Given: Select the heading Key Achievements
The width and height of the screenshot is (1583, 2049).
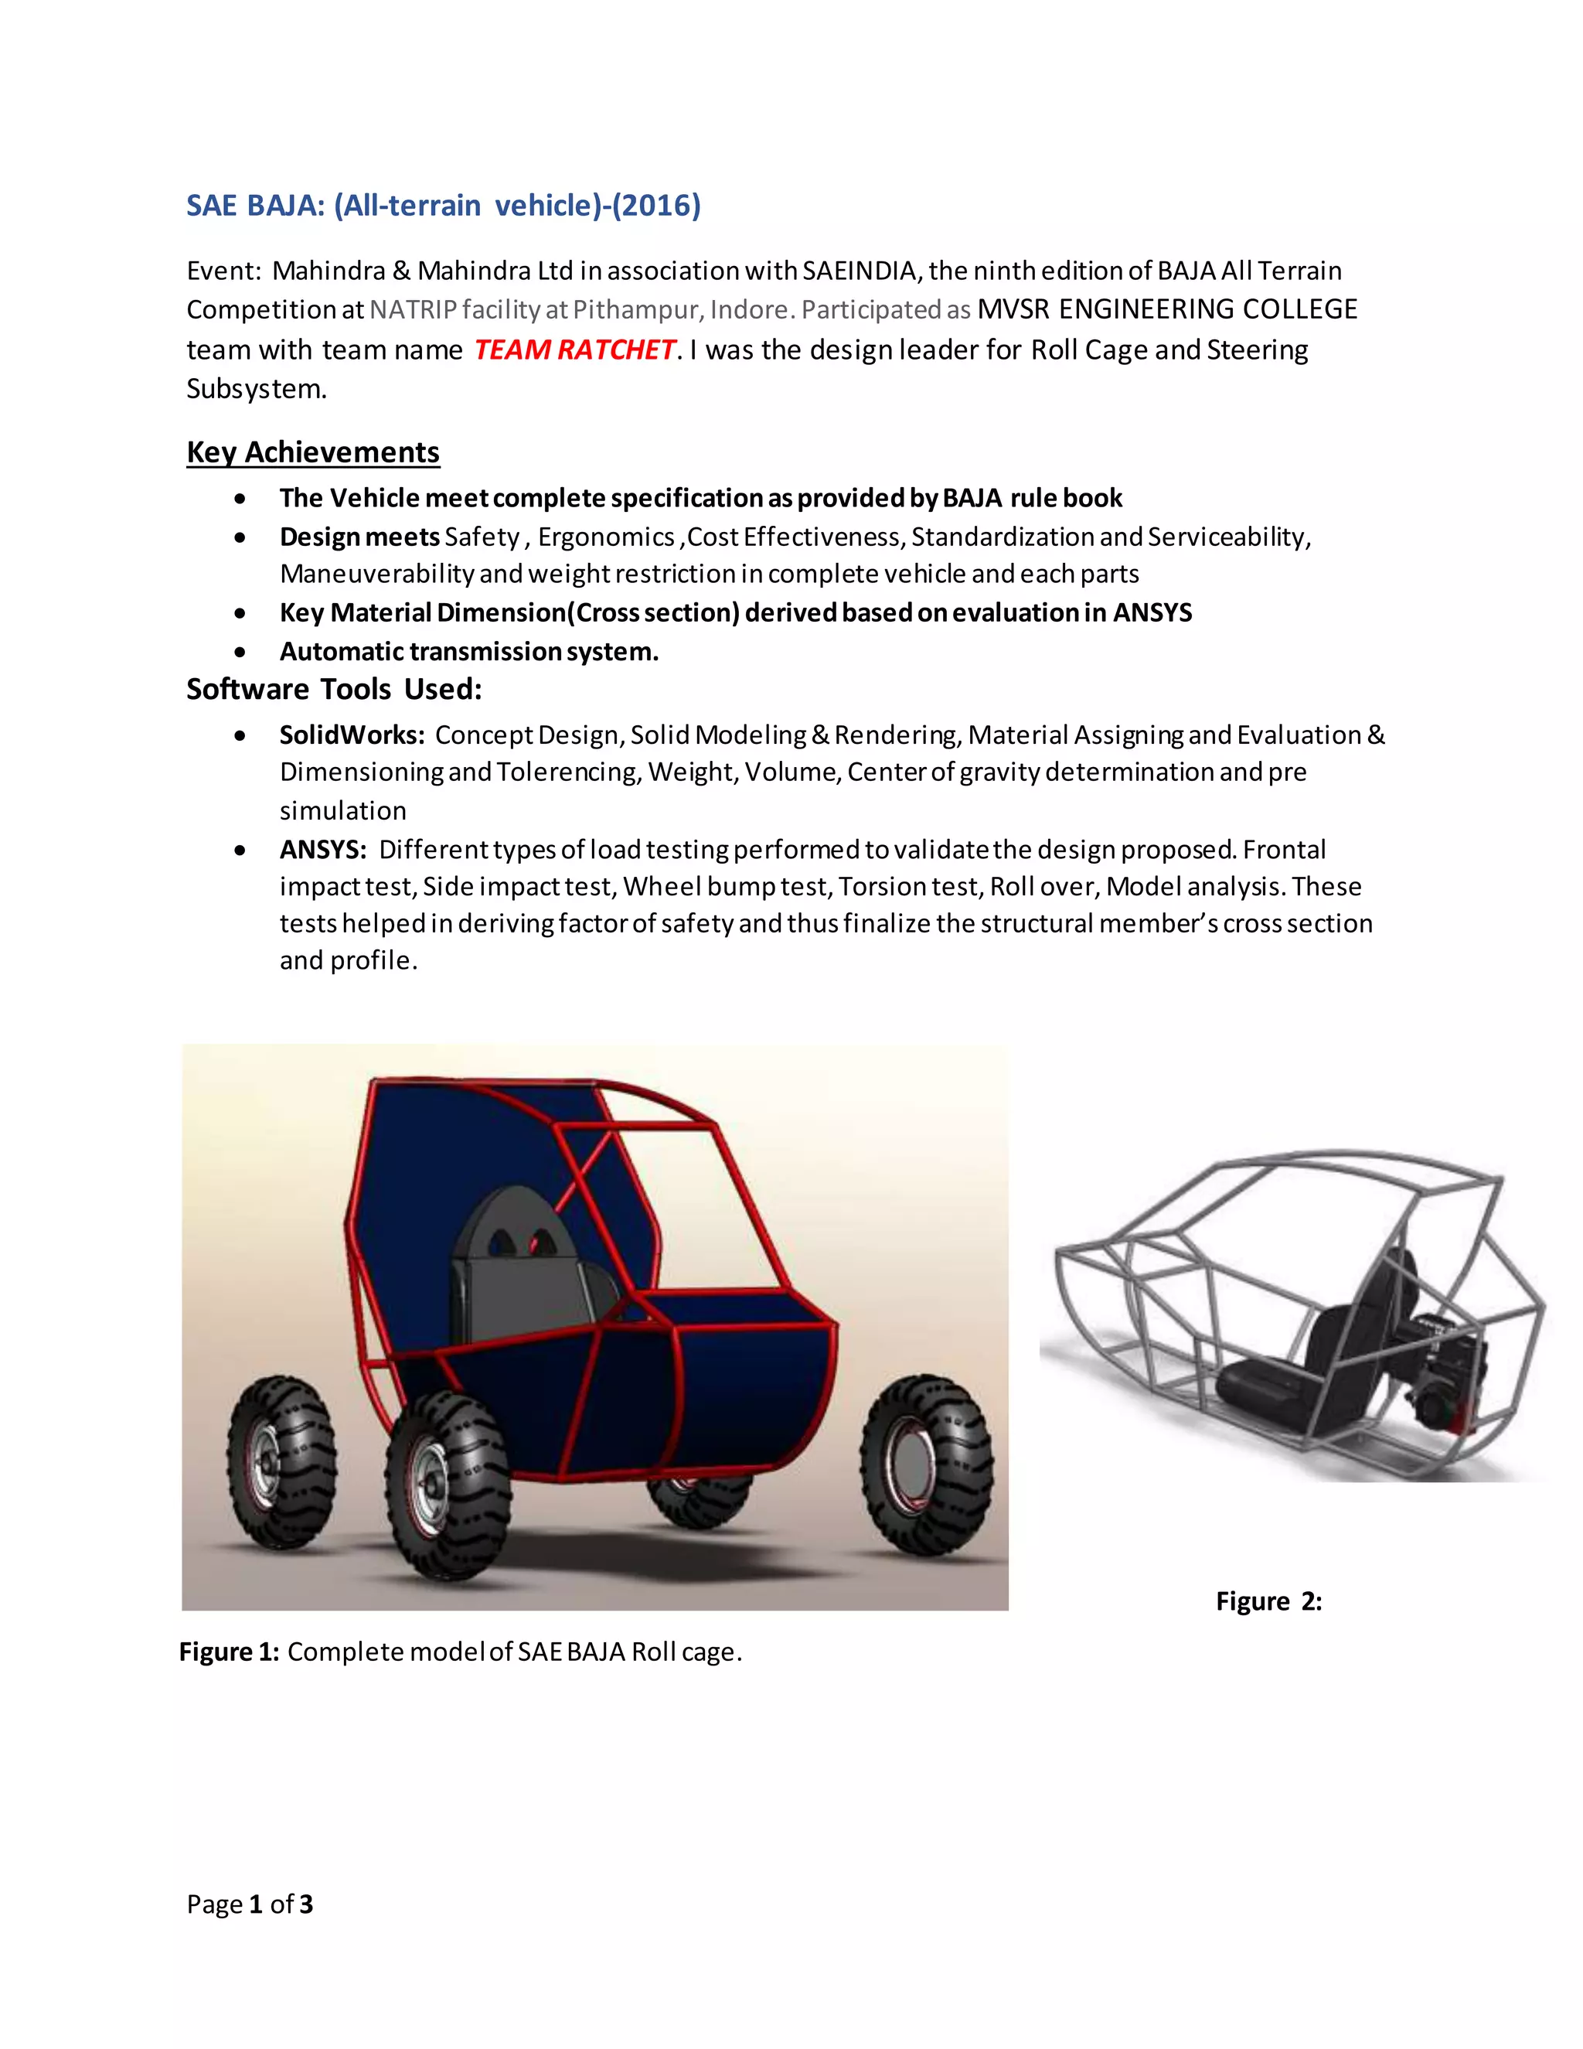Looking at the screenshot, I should pyautogui.click(x=312, y=452).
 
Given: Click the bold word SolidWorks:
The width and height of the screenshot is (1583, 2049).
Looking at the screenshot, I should pyautogui.click(x=352, y=735).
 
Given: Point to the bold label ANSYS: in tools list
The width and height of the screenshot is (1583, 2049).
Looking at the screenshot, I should pyautogui.click(x=322, y=849).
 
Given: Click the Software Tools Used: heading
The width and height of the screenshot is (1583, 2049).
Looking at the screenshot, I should pyautogui.click(x=334, y=689).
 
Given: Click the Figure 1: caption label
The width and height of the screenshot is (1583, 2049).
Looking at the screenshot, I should pyautogui.click(x=229, y=1652).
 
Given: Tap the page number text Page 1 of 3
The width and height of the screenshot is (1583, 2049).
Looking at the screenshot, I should pyautogui.click(x=250, y=1904).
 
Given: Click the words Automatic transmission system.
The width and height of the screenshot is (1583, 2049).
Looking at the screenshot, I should pyautogui.click(x=469, y=651).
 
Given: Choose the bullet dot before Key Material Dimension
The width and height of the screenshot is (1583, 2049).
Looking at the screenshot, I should pyautogui.click(x=241, y=614).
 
